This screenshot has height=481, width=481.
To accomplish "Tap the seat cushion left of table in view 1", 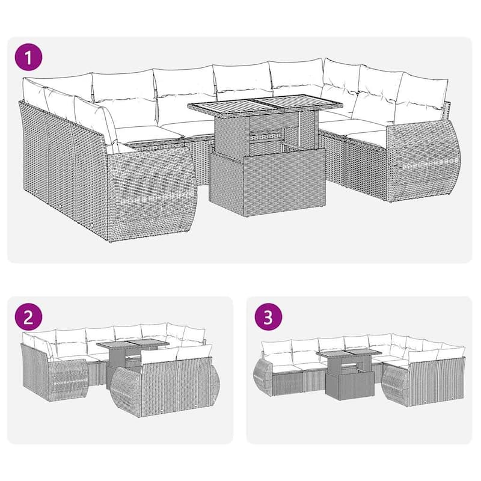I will point(144,132).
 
